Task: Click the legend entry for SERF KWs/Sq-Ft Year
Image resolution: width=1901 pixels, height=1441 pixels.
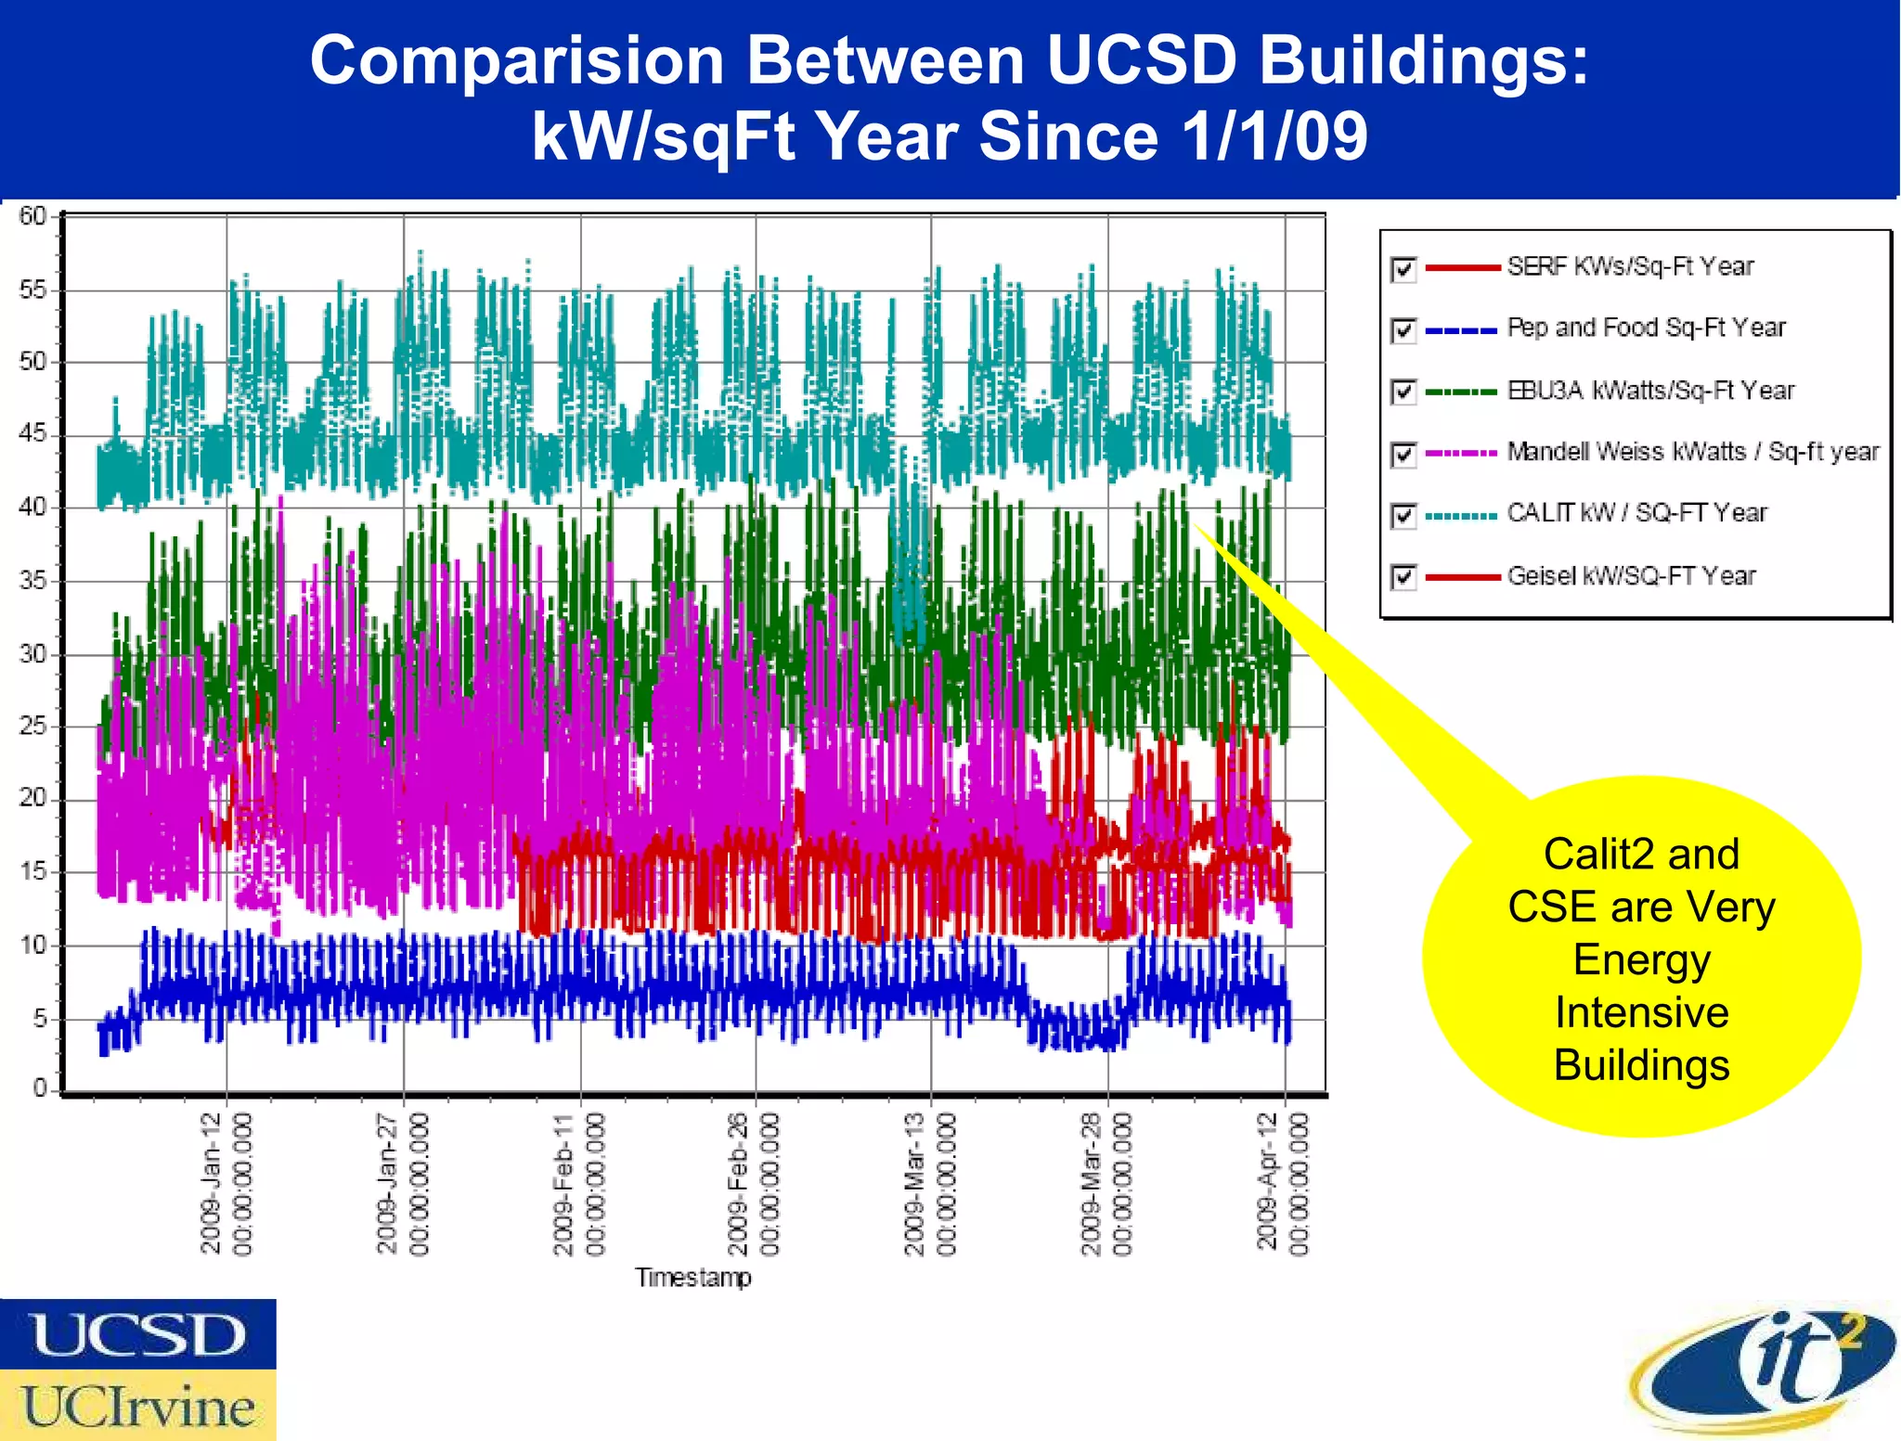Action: (1630, 267)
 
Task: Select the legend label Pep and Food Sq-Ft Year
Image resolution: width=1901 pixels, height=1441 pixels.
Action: (1646, 328)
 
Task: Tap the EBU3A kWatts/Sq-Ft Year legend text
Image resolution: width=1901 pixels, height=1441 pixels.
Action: (1650, 391)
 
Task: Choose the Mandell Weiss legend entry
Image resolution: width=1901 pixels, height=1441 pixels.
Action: (1692, 452)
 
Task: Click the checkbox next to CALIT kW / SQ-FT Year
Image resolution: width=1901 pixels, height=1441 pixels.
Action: (1403, 515)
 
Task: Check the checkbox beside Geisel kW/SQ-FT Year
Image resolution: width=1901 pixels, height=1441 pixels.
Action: (1403, 577)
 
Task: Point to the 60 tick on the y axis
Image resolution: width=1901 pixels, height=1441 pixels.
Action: (32, 216)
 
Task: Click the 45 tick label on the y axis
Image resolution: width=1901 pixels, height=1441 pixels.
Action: (32, 434)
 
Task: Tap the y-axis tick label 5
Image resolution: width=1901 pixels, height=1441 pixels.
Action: (40, 1019)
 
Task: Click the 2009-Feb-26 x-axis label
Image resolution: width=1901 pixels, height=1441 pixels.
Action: (753, 1183)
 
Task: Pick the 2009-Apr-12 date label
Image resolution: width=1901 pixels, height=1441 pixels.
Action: (1282, 1183)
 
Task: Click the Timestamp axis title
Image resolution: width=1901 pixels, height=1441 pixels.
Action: (692, 1278)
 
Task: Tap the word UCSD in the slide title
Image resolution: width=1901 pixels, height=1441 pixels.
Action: (1142, 60)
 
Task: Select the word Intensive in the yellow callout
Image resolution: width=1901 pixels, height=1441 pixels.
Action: (1641, 1012)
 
